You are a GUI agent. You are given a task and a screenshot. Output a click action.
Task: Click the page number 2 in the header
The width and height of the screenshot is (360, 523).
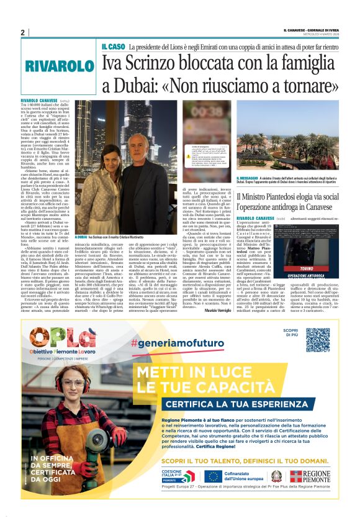coord(22,32)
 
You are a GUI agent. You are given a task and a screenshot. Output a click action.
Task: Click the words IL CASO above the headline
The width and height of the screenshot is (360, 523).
coord(113,47)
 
